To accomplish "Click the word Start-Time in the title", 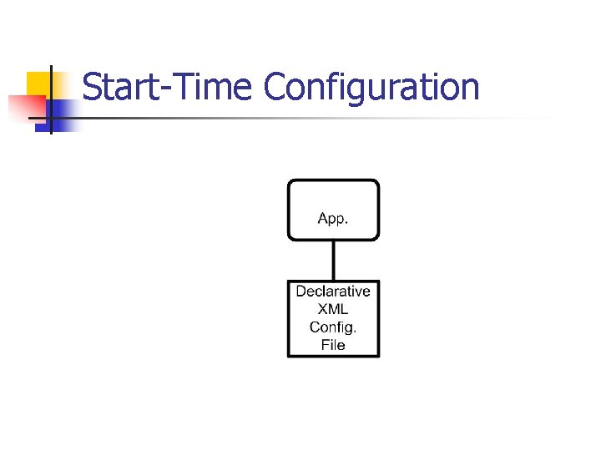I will pyautogui.click(x=168, y=87).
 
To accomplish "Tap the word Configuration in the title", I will pyautogui.click(x=371, y=87).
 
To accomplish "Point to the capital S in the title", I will pyautogui.click(x=93, y=87).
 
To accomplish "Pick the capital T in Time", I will pyautogui.click(x=178, y=87).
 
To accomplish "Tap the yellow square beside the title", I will pyautogui.click(x=37, y=83).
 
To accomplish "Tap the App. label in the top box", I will pyautogui.click(x=333, y=219).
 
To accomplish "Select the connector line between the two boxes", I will pyautogui.click(x=333, y=260).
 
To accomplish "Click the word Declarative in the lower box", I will pyautogui.click(x=333, y=291).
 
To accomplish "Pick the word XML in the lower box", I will pyautogui.click(x=333, y=309).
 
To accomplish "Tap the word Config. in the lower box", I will pyautogui.click(x=333, y=327).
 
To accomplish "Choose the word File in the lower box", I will pyautogui.click(x=333, y=345).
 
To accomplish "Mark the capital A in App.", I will pyautogui.click(x=322, y=219).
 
